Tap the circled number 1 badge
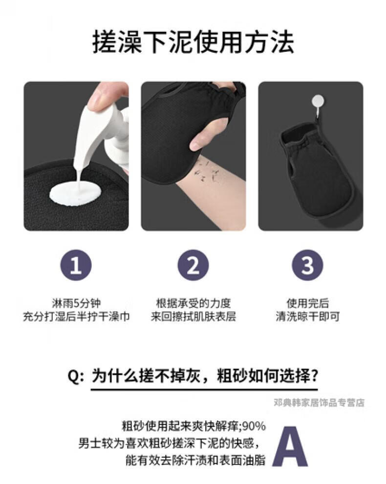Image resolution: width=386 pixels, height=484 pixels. click(x=76, y=265)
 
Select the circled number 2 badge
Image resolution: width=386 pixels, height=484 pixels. click(x=193, y=265)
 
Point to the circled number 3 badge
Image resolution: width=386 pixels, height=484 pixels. click(x=307, y=265)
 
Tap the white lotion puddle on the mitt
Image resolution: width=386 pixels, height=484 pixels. click(x=75, y=192)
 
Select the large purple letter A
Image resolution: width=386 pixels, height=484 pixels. click(x=290, y=446)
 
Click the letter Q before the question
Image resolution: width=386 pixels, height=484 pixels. click(x=73, y=377)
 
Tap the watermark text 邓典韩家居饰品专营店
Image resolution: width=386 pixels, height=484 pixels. click(x=319, y=402)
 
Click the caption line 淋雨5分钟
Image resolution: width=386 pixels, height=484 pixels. click(x=76, y=303)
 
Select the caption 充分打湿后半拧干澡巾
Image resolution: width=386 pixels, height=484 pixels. click(x=76, y=316)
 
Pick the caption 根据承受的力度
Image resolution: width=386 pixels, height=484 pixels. click(x=193, y=303)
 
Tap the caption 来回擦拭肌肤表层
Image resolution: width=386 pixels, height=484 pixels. click(x=193, y=316)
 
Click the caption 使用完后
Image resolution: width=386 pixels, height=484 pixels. click(x=307, y=303)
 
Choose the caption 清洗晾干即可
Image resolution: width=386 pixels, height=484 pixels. click(x=307, y=316)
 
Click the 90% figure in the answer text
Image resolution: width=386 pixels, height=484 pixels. click(x=254, y=426)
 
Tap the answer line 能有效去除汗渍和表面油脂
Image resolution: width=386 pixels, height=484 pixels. click(x=195, y=460)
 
